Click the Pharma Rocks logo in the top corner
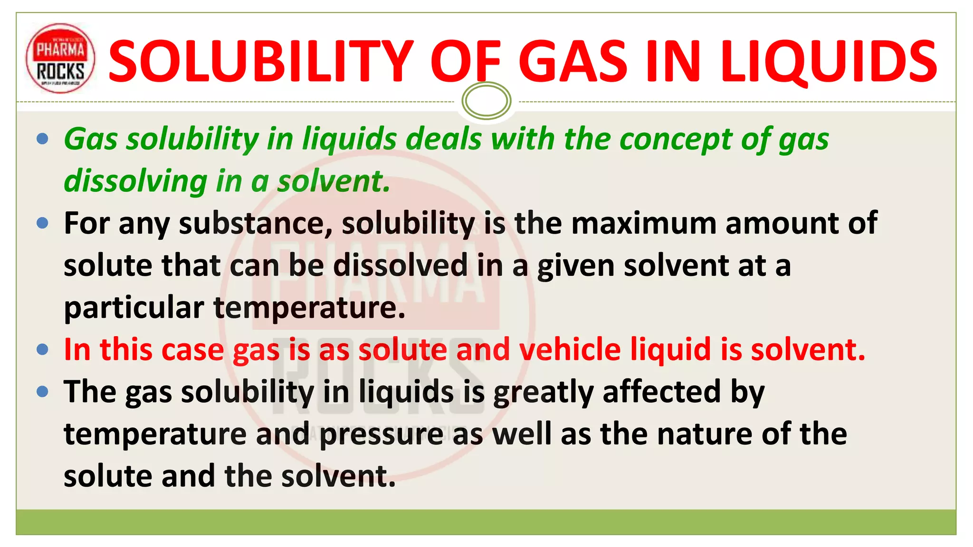(60, 58)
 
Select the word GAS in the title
(573, 61)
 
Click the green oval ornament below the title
(486, 101)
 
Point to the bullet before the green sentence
(42, 139)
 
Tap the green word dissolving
(135, 181)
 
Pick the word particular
(134, 308)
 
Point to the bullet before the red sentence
(42, 350)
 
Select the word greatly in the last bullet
(544, 393)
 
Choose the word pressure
(382, 434)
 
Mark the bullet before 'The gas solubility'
(42, 392)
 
